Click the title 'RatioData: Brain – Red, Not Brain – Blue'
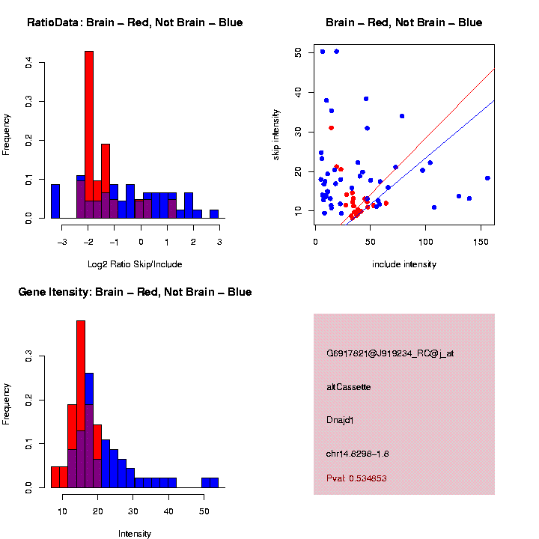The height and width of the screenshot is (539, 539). tap(135, 23)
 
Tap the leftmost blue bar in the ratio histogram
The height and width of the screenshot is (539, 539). tap(55, 201)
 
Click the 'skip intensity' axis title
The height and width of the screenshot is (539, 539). tap(276, 134)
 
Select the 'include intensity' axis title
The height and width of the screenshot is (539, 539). tap(404, 264)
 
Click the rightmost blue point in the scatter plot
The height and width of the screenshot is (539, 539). tap(487, 178)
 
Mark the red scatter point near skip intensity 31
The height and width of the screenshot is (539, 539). tap(331, 128)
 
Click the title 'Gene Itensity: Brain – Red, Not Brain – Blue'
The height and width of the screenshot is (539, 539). tap(135, 292)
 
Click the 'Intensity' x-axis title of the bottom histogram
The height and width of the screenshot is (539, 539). tap(135, 534)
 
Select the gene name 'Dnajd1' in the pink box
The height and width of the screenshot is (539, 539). tap(340, 420)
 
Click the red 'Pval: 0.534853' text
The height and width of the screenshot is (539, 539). tap(356, 478)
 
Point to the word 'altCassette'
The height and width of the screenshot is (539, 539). tap(349, 387)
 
